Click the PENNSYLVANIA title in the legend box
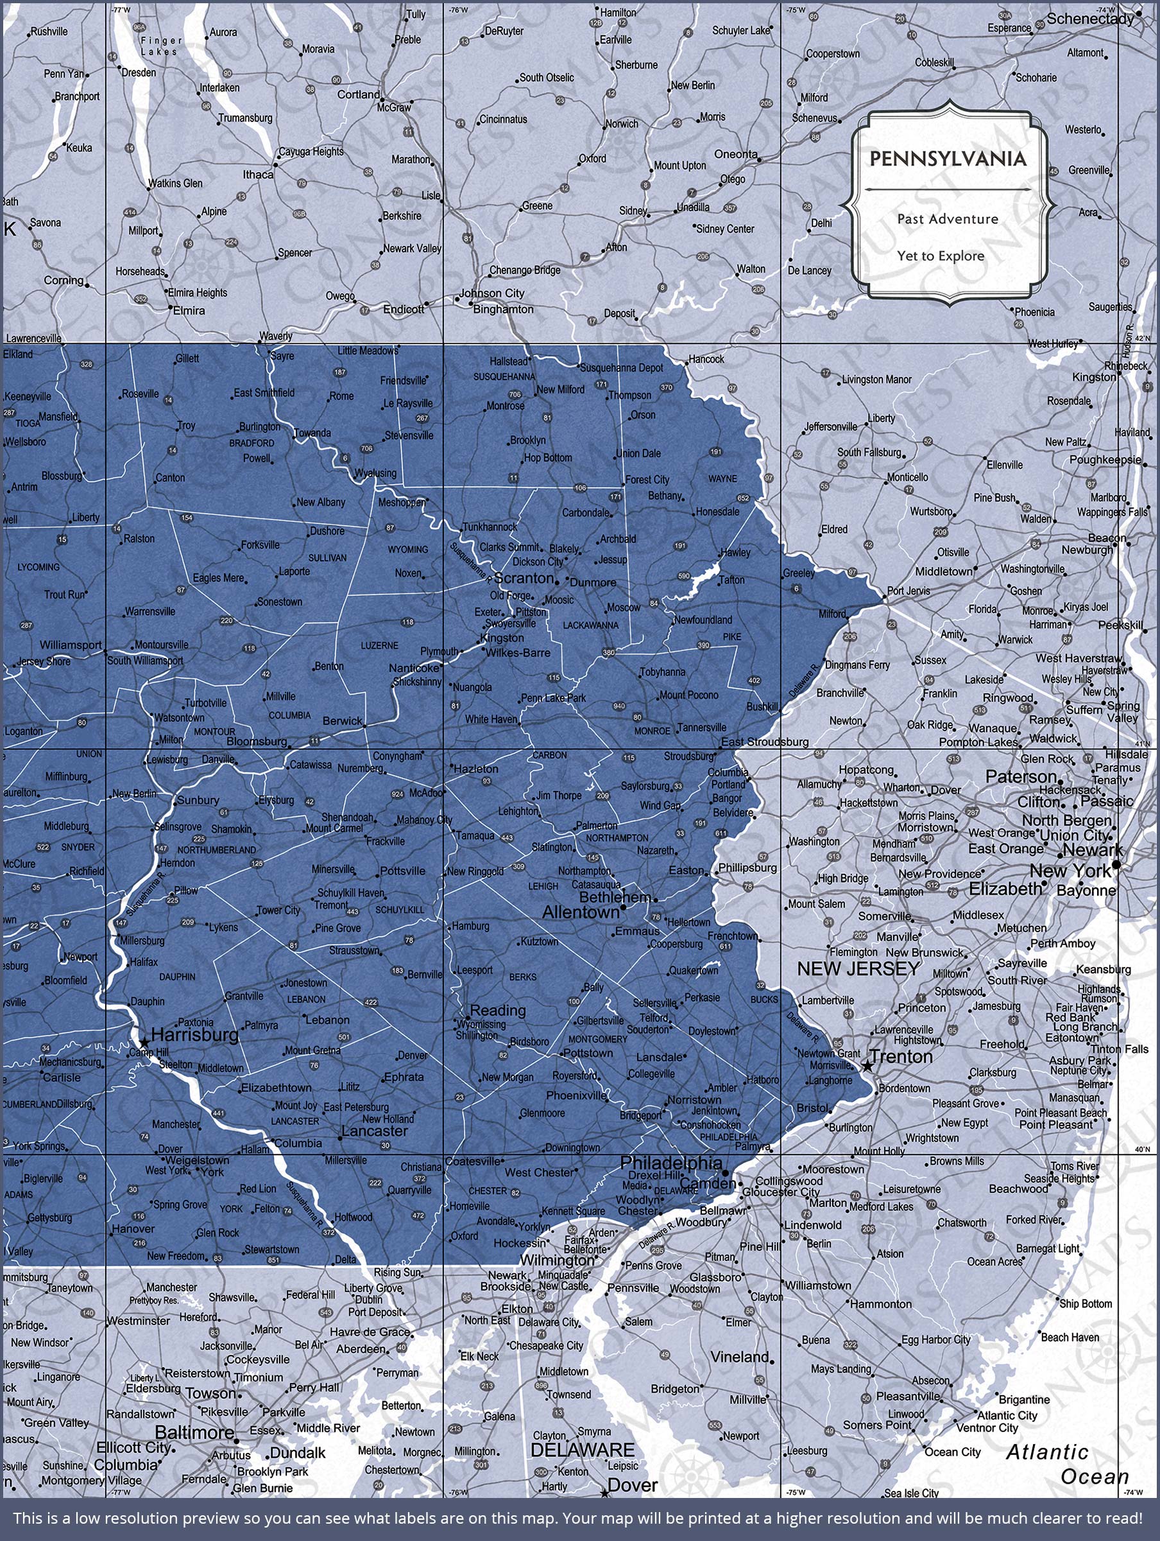pyautogui.click(x=948, y=159)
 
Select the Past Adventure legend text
pyautogui.click(x=948, y=219)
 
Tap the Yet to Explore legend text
pyautogui.click(x=941, y=256)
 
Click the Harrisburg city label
pyautogui.click(x=194, y=1035)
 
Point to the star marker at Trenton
pyautogui.click(x=867, y=1066)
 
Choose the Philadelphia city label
pyautogui.click(x=671, y=1163)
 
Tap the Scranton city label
pyautogui.click(x=524, y=579)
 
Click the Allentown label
pyautogui.click(x=581, y=912)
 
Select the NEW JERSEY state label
pyautogui.click(x=858, y=968)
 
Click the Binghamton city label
pyautogui.click(x=504, y=309)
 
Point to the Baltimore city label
pyautogui.click(x=194, y=1432)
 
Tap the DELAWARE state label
pyautogui.click(x=583, y=1450)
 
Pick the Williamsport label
pyautogui.click(x=71, y=645)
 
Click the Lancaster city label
pyautogui.click(x=375, y=1131)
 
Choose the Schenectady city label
pyautogui.click(x=1090, y=19)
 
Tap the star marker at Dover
pyautogui.click(x=603, y=1493)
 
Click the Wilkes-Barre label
pyautogui.click(x=517, y=653)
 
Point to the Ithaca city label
pyautogui.click(x=258, y=174)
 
